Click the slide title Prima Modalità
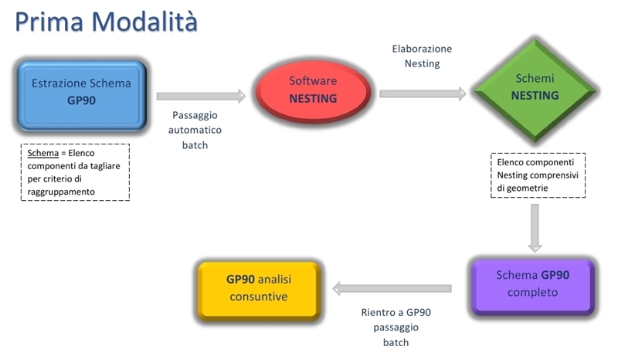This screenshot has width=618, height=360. pyautogui.click(x=106, y=22)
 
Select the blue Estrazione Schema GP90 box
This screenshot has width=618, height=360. pyautogui.click(x=82, y=96)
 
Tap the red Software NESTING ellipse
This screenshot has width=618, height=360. pyautogui.click(x=313, y=91)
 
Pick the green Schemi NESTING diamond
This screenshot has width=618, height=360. pyautogui.click(x=535, y=90)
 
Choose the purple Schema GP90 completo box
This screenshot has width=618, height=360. pyautogui.click(x=532, y=287)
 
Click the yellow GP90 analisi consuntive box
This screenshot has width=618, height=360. pyautogui.click(x=259, y=290)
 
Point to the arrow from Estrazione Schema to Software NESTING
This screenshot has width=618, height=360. pyautogui.click(x=201, y=97)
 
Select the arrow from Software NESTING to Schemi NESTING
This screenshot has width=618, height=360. pyautogui.click(x=423, y=93)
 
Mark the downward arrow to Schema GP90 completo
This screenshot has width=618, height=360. pyautogui.click(x=535, y=228)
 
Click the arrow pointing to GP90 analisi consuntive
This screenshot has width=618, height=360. pyautogui.click(x=392, y=289)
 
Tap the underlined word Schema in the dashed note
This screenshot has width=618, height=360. pyautogui.click(x=43, y=153)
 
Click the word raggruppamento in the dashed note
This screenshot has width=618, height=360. pyautogui.click(x=61, y=192)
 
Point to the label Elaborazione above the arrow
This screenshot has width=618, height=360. pyautogui.click(x=422, y=49)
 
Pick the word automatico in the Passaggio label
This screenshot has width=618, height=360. pyautogui.click(x=195, y=130)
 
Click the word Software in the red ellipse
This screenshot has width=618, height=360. pyautogui.click(x=313, y=81)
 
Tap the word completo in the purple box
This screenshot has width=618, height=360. pyautogui.click(x=532, y=293)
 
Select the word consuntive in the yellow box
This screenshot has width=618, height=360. pyautogui.click(x=259, y=297)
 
